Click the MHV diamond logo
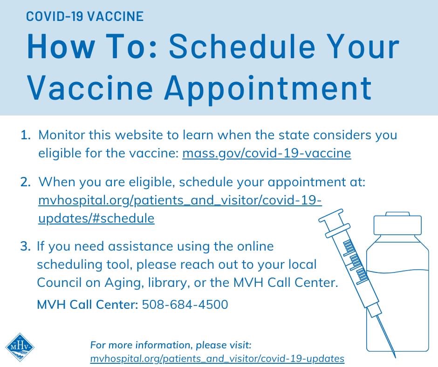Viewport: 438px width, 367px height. pyautogui.click(x=20, y=347)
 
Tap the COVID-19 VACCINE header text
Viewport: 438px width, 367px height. pyautogui.click(x=85, y=16)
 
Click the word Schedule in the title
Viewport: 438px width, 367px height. pyautogui.click(x=242, y=46)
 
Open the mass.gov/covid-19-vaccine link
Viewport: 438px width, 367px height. pyautogui.click(x=267, y=153)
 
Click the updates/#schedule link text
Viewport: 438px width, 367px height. pyautogui.click(x=96, y=218)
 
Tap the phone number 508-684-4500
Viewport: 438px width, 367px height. pyautogui.click(x=185, y=304)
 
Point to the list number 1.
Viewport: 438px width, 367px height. pyautogui.click(x=26, y=135)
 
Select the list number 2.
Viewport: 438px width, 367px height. pyautogui.click(x=26, y=182)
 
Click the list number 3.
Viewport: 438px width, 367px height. pyautogui.click(x=26, y=246)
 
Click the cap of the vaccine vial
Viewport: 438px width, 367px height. pyautogui.click(x=397, y=224)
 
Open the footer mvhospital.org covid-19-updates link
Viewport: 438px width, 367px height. pyautogui.click(x=217, y=358)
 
